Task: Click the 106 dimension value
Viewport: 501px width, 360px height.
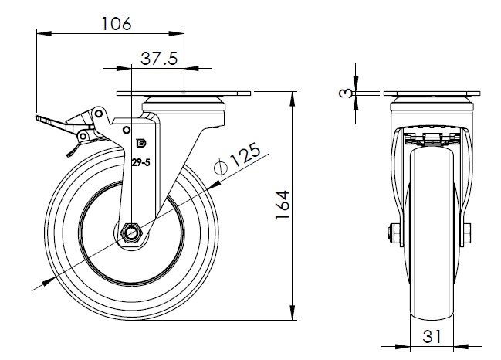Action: click(x=117, y=23)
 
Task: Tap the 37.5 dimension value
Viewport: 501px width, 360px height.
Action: click(x=159, y=58)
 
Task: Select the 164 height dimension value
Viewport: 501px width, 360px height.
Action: click(x=283, y=205)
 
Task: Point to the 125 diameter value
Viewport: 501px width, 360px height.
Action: click(x=245, y=155)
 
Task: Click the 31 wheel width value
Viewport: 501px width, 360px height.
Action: click(x=432, y=336)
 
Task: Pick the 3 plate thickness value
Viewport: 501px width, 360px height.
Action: click(x=345, y=93)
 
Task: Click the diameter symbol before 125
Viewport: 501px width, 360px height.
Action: click(x=221, y=167)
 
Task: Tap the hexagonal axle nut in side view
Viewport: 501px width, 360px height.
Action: click(x=131, y=233)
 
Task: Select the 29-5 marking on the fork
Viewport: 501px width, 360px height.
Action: click(x=141, y=163)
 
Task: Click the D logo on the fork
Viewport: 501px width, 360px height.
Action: click(x=141, y=144)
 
